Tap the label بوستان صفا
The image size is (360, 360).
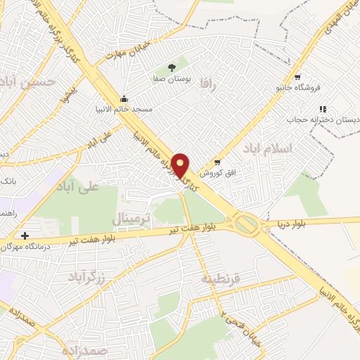click(x=172, y=80)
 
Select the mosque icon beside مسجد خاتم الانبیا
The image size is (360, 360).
click(x=124, y=98)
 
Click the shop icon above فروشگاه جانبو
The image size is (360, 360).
click(x=297, y=77)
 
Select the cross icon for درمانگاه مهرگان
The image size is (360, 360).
click(x=25, y=236)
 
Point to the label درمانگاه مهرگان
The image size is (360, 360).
click(x=28, y=246)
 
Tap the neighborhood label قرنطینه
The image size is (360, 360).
click(x=220, y=278)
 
